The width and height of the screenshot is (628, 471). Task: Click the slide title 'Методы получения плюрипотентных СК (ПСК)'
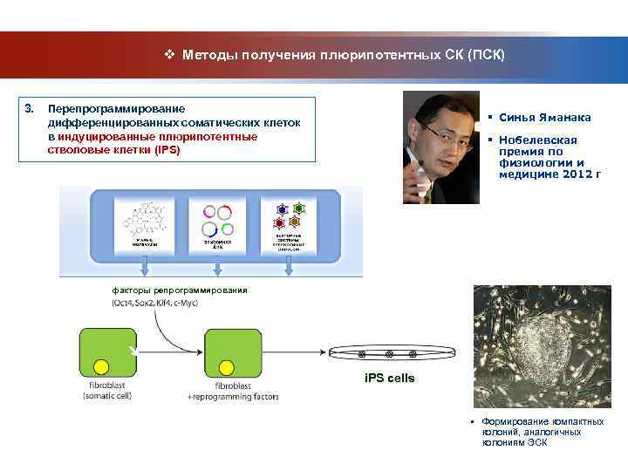tap(343, 55)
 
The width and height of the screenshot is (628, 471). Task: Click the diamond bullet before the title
tap(170, 55)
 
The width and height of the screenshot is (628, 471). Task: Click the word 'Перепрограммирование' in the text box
tap(116, 109)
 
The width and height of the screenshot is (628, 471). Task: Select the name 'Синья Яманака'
tap(544, 118)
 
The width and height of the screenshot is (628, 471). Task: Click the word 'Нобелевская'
tap(532, 140)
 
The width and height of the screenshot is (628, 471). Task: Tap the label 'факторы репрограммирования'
tap(179, 290)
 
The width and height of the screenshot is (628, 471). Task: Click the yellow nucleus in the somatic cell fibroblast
tap(101, 365)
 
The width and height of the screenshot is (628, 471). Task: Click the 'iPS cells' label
tap(389, 378)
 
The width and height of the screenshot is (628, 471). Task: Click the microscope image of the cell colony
tap(537, 345)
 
